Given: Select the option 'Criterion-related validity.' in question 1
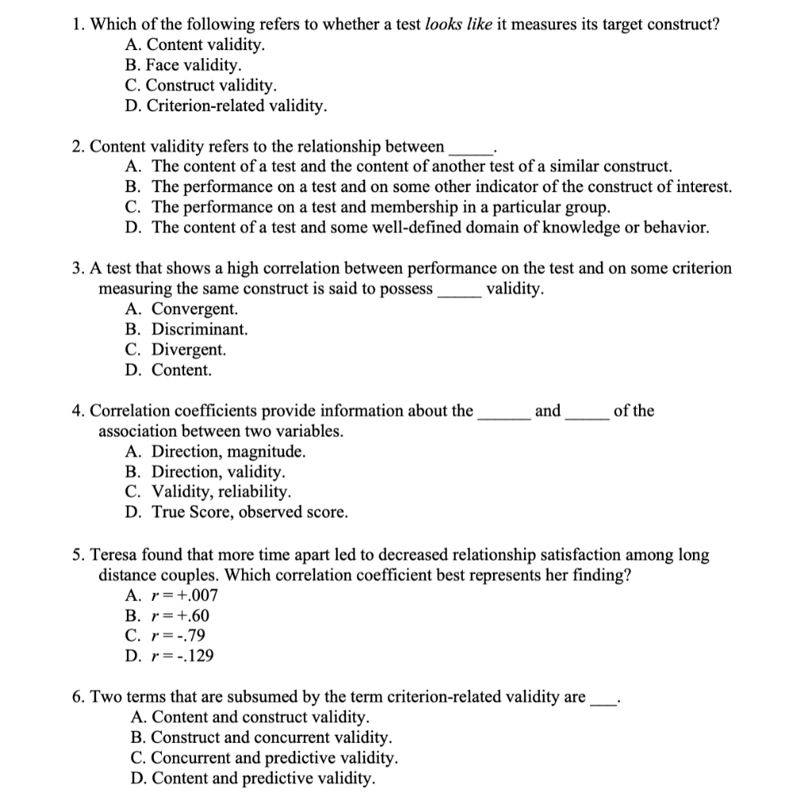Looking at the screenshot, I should [225, 105].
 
